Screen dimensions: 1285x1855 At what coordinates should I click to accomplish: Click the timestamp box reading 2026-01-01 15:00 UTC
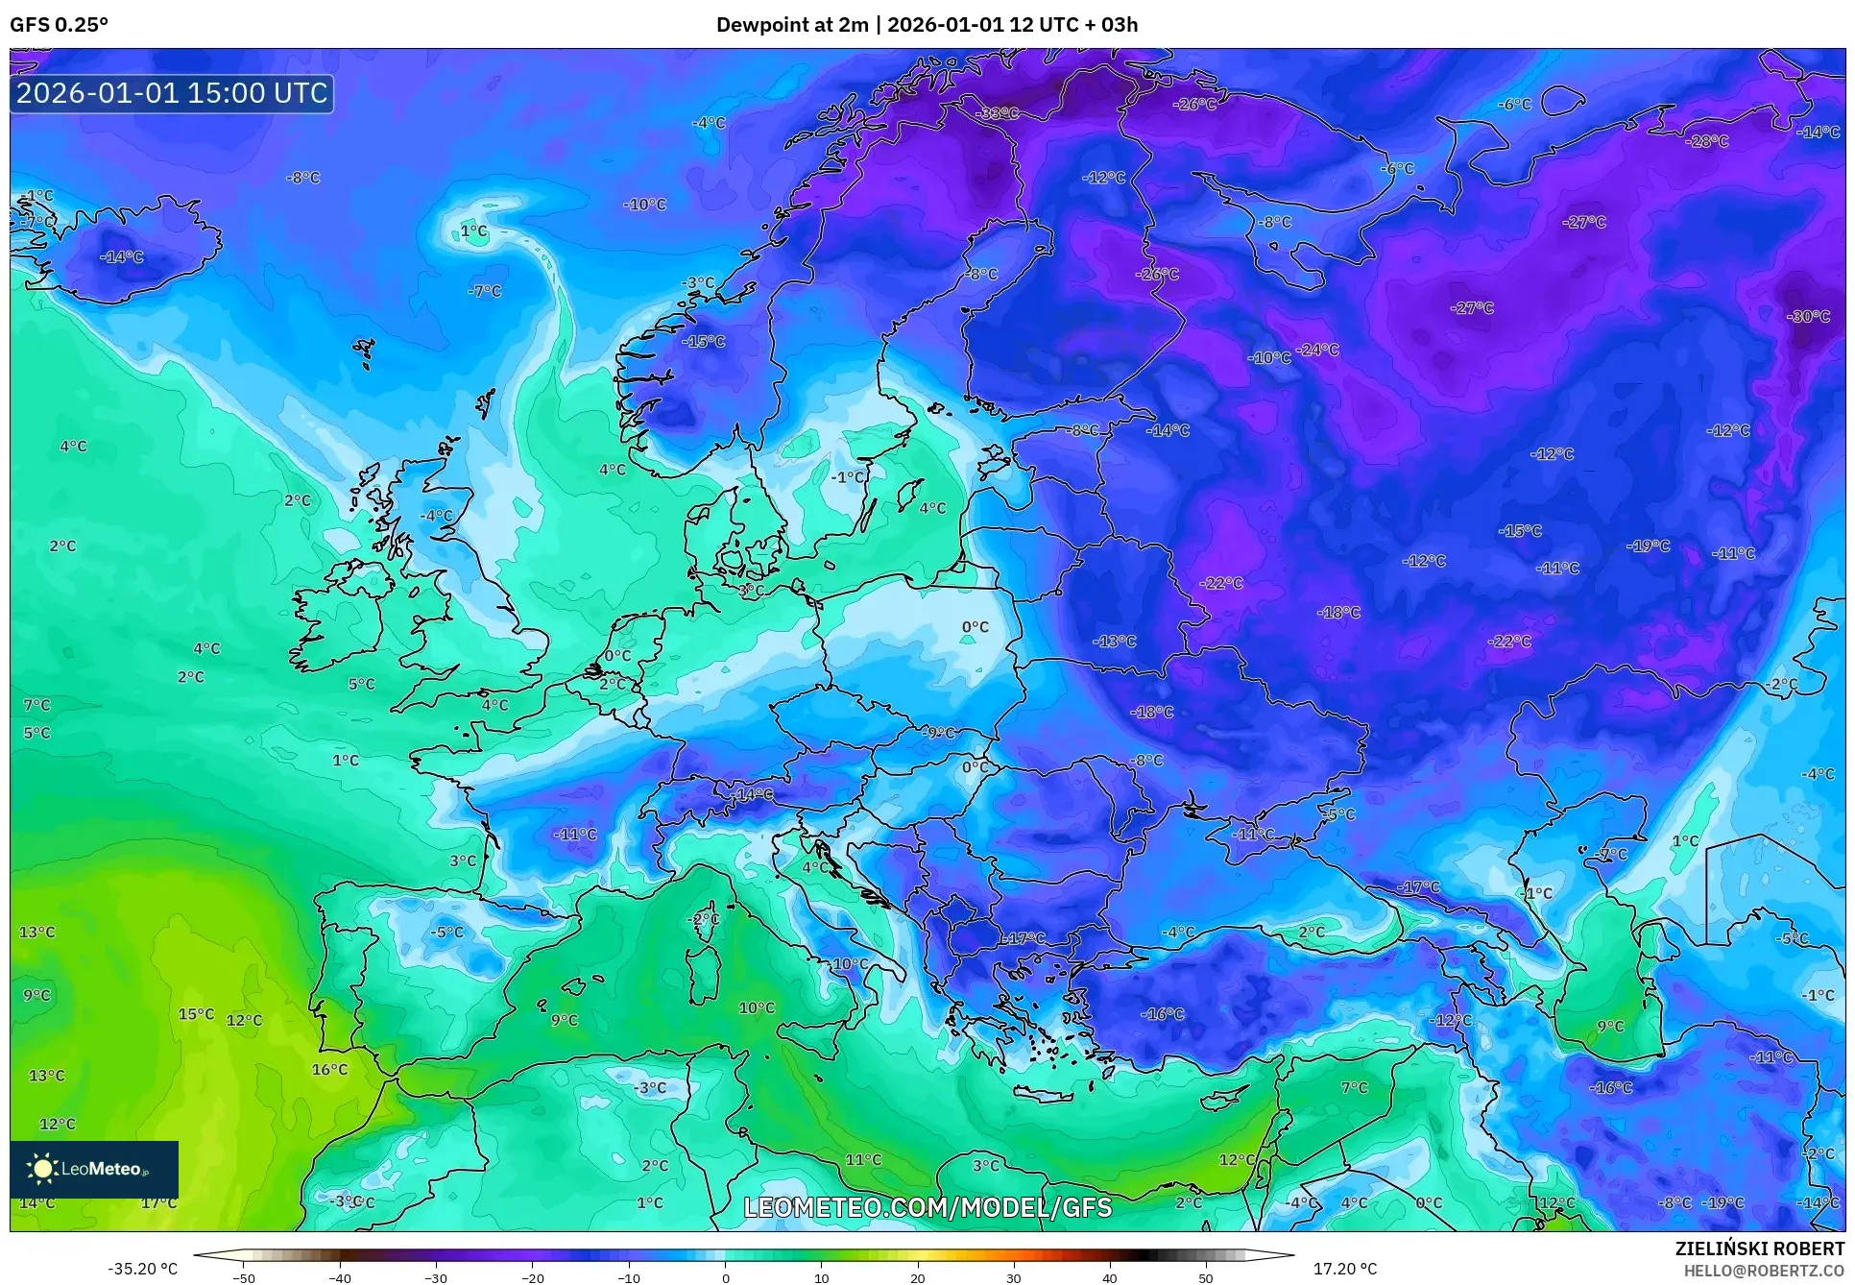coord(172,93)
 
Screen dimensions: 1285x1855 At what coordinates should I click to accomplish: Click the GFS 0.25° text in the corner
coord(59,25)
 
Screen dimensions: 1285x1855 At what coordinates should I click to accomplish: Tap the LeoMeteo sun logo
coord(42,1169)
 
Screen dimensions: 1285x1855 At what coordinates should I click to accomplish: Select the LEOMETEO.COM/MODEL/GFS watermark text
coord(927,1207)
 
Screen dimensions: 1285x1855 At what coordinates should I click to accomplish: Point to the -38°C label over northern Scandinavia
coord(998,113)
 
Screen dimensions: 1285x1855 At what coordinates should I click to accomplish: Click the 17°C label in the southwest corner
coord(158,1202)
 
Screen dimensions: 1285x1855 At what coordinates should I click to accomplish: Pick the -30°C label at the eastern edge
coord(1808,317)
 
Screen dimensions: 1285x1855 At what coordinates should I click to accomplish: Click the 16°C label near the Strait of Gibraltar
coord(329,1069)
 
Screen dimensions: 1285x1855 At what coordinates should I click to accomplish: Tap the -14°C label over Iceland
coord(122,257)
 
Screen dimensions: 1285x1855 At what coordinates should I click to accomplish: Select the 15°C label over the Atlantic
coord(196,1014)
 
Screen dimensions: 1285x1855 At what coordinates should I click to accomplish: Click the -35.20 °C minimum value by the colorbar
coord(142,1269)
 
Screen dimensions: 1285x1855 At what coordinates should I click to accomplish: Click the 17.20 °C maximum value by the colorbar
coord(1344,1269)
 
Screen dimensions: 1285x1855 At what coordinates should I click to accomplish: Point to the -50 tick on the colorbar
coord(244,1278)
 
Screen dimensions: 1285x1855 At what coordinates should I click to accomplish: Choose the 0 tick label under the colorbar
coord(725,1278)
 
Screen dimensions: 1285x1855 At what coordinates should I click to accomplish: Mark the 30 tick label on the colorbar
coord(1014,1278)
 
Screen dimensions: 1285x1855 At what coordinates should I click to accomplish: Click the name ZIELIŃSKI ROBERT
coord(1760,1249)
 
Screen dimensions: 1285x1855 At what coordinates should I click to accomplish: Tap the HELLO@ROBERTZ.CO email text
coord(1764,1271)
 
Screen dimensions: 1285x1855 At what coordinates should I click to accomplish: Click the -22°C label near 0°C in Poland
coord(1221,583)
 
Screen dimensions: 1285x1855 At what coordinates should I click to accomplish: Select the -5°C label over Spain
coord(446,932)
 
